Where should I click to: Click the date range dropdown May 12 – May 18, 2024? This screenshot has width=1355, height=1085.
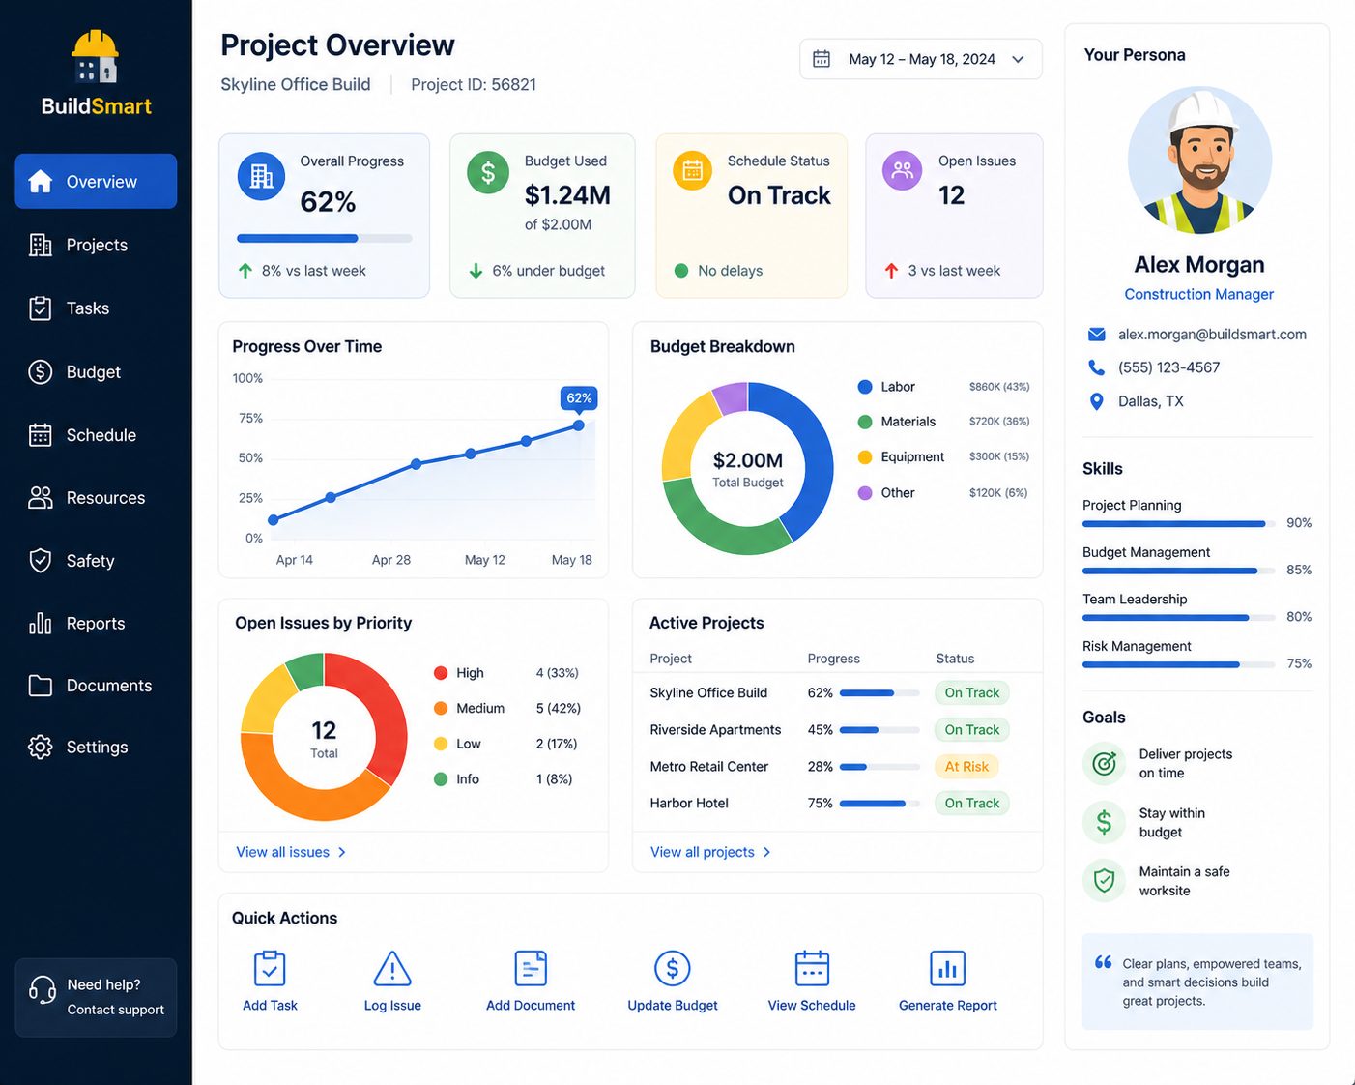[x=920, y=59]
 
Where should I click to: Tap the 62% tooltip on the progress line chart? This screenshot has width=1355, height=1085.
[x=579, y=398]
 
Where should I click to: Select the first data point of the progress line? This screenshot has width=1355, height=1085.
[x=274, y=520]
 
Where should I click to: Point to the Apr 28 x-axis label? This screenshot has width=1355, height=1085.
[x=391, y=560]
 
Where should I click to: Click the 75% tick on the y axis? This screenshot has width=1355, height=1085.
[x=250, y=419]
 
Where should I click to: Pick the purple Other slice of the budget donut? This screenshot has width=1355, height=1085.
[x=731, y=397]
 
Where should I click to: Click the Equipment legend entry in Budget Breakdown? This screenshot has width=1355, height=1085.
[x=901, y=456]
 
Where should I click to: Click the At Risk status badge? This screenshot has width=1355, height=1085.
[x=966, y=766]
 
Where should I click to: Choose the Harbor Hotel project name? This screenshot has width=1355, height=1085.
[x=689, y=803]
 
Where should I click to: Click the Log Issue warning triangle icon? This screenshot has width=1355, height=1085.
[x=392, y=968]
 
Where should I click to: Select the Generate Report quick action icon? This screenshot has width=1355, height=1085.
[x=947, y=968]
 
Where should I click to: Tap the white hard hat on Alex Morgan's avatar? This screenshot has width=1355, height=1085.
[x=1202, y=113]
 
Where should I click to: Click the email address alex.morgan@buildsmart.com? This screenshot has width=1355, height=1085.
[x=1212, y=334]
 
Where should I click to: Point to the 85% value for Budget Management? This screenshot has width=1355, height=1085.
[x=1299, y=570]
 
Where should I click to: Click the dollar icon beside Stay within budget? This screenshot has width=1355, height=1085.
[x=1104, y=822]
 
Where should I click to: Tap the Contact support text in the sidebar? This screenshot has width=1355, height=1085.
[x=115, y=1010]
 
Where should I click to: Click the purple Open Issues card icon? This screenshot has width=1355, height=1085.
[x=903, y=170]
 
